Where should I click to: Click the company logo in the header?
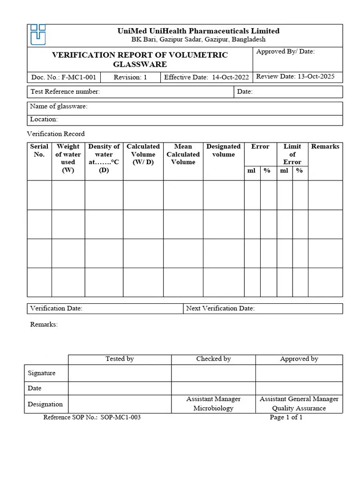pos(38,35)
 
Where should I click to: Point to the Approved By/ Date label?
pos(285,52)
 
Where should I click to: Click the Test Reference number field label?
pos(65,92)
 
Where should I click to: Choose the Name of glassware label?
pos(59,106)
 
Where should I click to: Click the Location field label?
pos(44,120)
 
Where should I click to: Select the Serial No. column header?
pos(39,150)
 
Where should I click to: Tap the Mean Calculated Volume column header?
pos(183,154)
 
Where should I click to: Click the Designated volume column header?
pos(223,150)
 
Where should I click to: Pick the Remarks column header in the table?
pos(325,147)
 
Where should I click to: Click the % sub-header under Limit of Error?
pos(300,171)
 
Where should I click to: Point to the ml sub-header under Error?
pos(252,171)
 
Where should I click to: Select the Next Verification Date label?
pos(220,308)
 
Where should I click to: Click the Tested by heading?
pos(120,359)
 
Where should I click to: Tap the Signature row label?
pos(42,373)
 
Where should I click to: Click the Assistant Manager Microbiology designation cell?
pos(213,404)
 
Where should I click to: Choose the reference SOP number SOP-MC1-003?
pos(120,417)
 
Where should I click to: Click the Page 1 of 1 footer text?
pos(286,417)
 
